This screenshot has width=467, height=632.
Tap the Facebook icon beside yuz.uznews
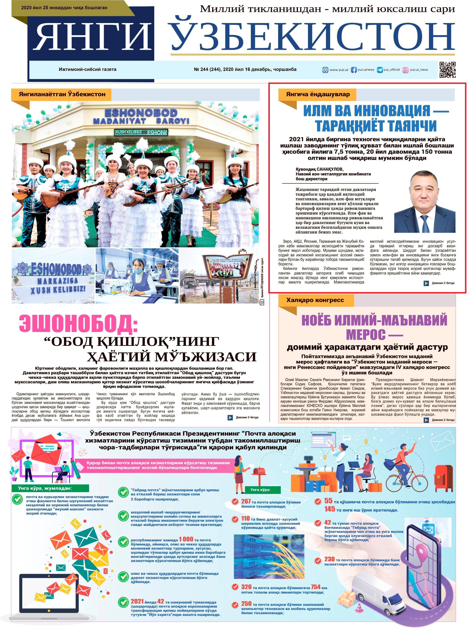pos(354,70)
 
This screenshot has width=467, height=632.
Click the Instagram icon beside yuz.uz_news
pos(405,70)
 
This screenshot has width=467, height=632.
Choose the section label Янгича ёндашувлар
pos(318,94)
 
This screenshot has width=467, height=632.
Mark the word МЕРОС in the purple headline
pos(366,335)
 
